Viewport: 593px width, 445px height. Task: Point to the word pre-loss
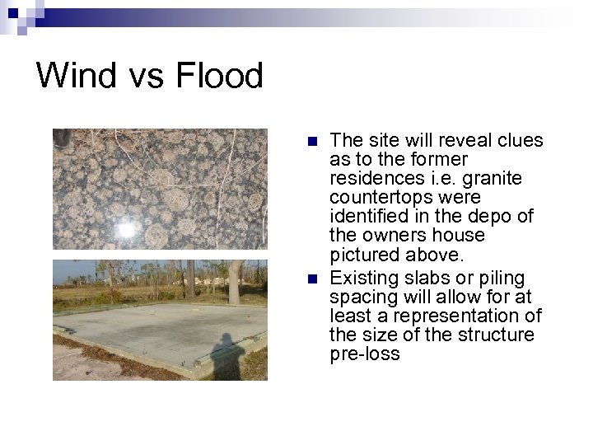tap(365, 354)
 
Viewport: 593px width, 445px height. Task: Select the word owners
tap(390, 236)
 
